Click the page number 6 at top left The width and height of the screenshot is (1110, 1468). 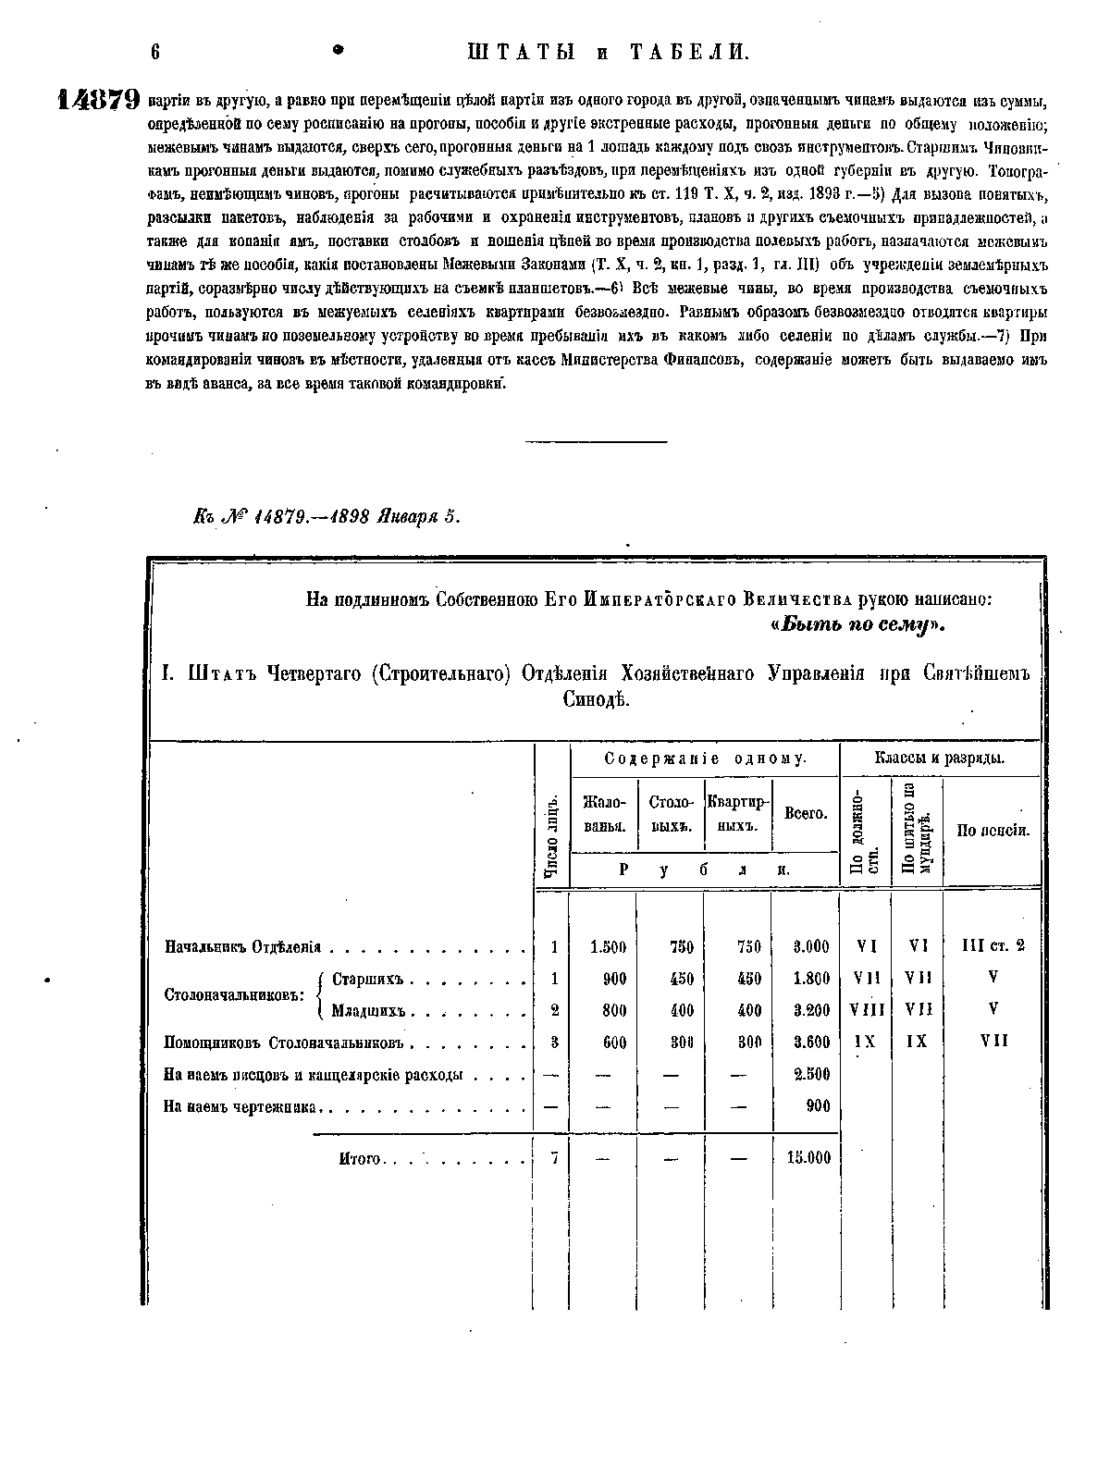(x=155, y=53)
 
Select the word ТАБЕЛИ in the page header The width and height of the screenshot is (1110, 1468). (x=688, y=53)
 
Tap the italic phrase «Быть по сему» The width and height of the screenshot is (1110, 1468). (x=857, y=626)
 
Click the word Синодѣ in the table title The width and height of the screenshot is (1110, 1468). (x=596, y=700)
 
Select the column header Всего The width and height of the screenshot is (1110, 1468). (x=805, y=814)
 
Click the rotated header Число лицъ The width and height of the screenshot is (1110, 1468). (x=552, y=835)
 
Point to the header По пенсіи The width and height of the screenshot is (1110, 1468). (x=993, y=831)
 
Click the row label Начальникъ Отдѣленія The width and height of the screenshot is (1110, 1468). (x=242, y=947)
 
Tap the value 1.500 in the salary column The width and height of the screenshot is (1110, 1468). (x=608, y=947)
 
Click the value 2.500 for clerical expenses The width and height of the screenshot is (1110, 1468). (x=811, y=1074)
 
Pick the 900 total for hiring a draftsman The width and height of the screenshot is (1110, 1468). (x=818, y=1106)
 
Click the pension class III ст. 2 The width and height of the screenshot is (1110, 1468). (x=993, y=946)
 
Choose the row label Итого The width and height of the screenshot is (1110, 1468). (x=361, y=1158)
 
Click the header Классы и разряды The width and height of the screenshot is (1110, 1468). (x=940, y=759)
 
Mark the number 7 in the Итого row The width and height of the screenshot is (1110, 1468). (x=553, y=1157)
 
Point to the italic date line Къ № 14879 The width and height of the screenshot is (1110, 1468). (x=326, y=518)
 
